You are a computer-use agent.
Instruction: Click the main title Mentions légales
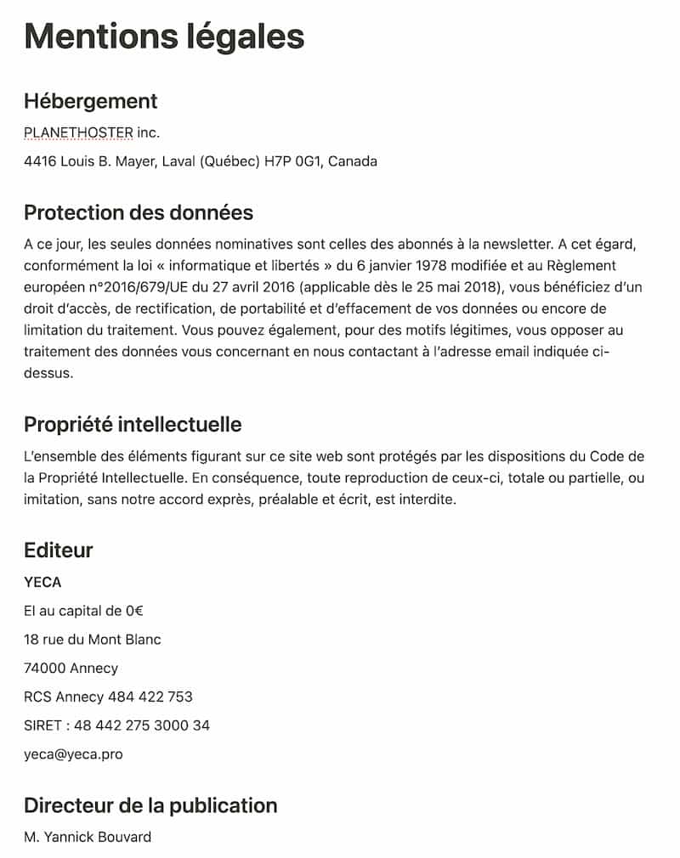tap(164, 37)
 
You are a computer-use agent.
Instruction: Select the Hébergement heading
tap(91, 101)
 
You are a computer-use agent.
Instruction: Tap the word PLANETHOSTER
tap(78, 133)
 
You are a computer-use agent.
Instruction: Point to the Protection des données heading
tap(139, 212)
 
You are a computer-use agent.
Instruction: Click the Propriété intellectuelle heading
tap(133, 424)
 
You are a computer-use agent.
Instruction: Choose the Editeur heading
tap(59, 550)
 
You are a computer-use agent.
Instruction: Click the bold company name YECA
tap(43, 582)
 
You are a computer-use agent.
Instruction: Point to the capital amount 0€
tap(134, 611)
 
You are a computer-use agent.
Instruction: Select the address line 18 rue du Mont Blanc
tap(93, 640)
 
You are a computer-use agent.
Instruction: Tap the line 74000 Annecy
tap(71, 669)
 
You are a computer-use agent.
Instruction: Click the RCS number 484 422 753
tap(150, 697)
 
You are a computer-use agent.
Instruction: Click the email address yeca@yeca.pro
tap(74, 754)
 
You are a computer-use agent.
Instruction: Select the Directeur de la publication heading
tap(150, 805)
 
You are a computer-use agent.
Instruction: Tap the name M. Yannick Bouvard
tap(88, 838)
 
